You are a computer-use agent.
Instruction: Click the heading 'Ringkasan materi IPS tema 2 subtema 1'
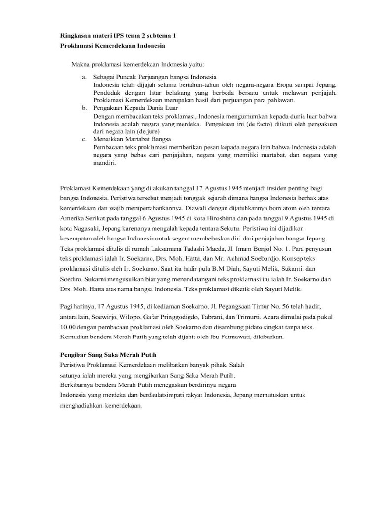117,36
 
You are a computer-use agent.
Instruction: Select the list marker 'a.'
84,78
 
